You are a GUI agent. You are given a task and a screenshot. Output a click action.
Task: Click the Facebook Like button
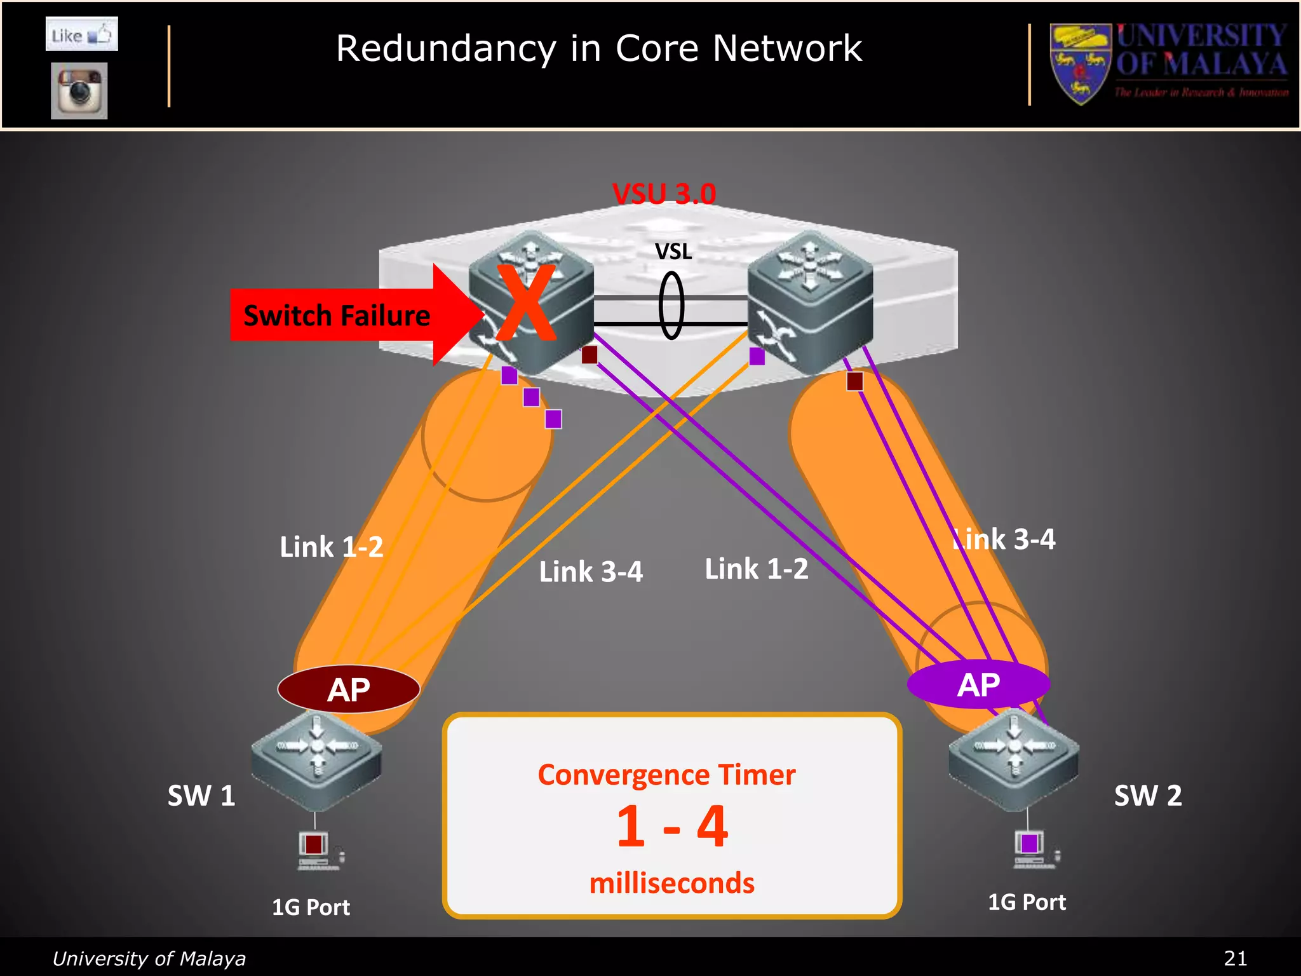81,34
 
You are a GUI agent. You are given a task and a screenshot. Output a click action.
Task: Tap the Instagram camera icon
79,91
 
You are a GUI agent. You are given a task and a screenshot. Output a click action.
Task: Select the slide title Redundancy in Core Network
598,48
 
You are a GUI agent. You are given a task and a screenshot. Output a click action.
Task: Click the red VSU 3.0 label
664,193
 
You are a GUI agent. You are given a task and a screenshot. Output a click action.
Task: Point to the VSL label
673,252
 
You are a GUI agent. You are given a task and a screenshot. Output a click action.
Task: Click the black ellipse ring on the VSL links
671,306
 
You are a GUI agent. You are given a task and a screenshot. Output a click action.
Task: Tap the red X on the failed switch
526,303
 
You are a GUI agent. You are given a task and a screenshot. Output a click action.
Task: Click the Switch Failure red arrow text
337,315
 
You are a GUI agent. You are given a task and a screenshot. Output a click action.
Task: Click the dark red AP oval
349,689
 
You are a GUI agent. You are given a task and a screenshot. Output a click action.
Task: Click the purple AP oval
978,684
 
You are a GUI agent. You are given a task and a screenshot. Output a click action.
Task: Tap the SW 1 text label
201,796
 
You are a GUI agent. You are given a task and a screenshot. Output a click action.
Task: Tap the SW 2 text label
1148,796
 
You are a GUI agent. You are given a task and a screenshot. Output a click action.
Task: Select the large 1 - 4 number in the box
672,827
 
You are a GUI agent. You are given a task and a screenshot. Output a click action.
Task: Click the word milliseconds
671,883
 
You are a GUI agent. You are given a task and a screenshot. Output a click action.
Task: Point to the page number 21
1235,958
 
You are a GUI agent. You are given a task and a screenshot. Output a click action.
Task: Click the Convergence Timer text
666,775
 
